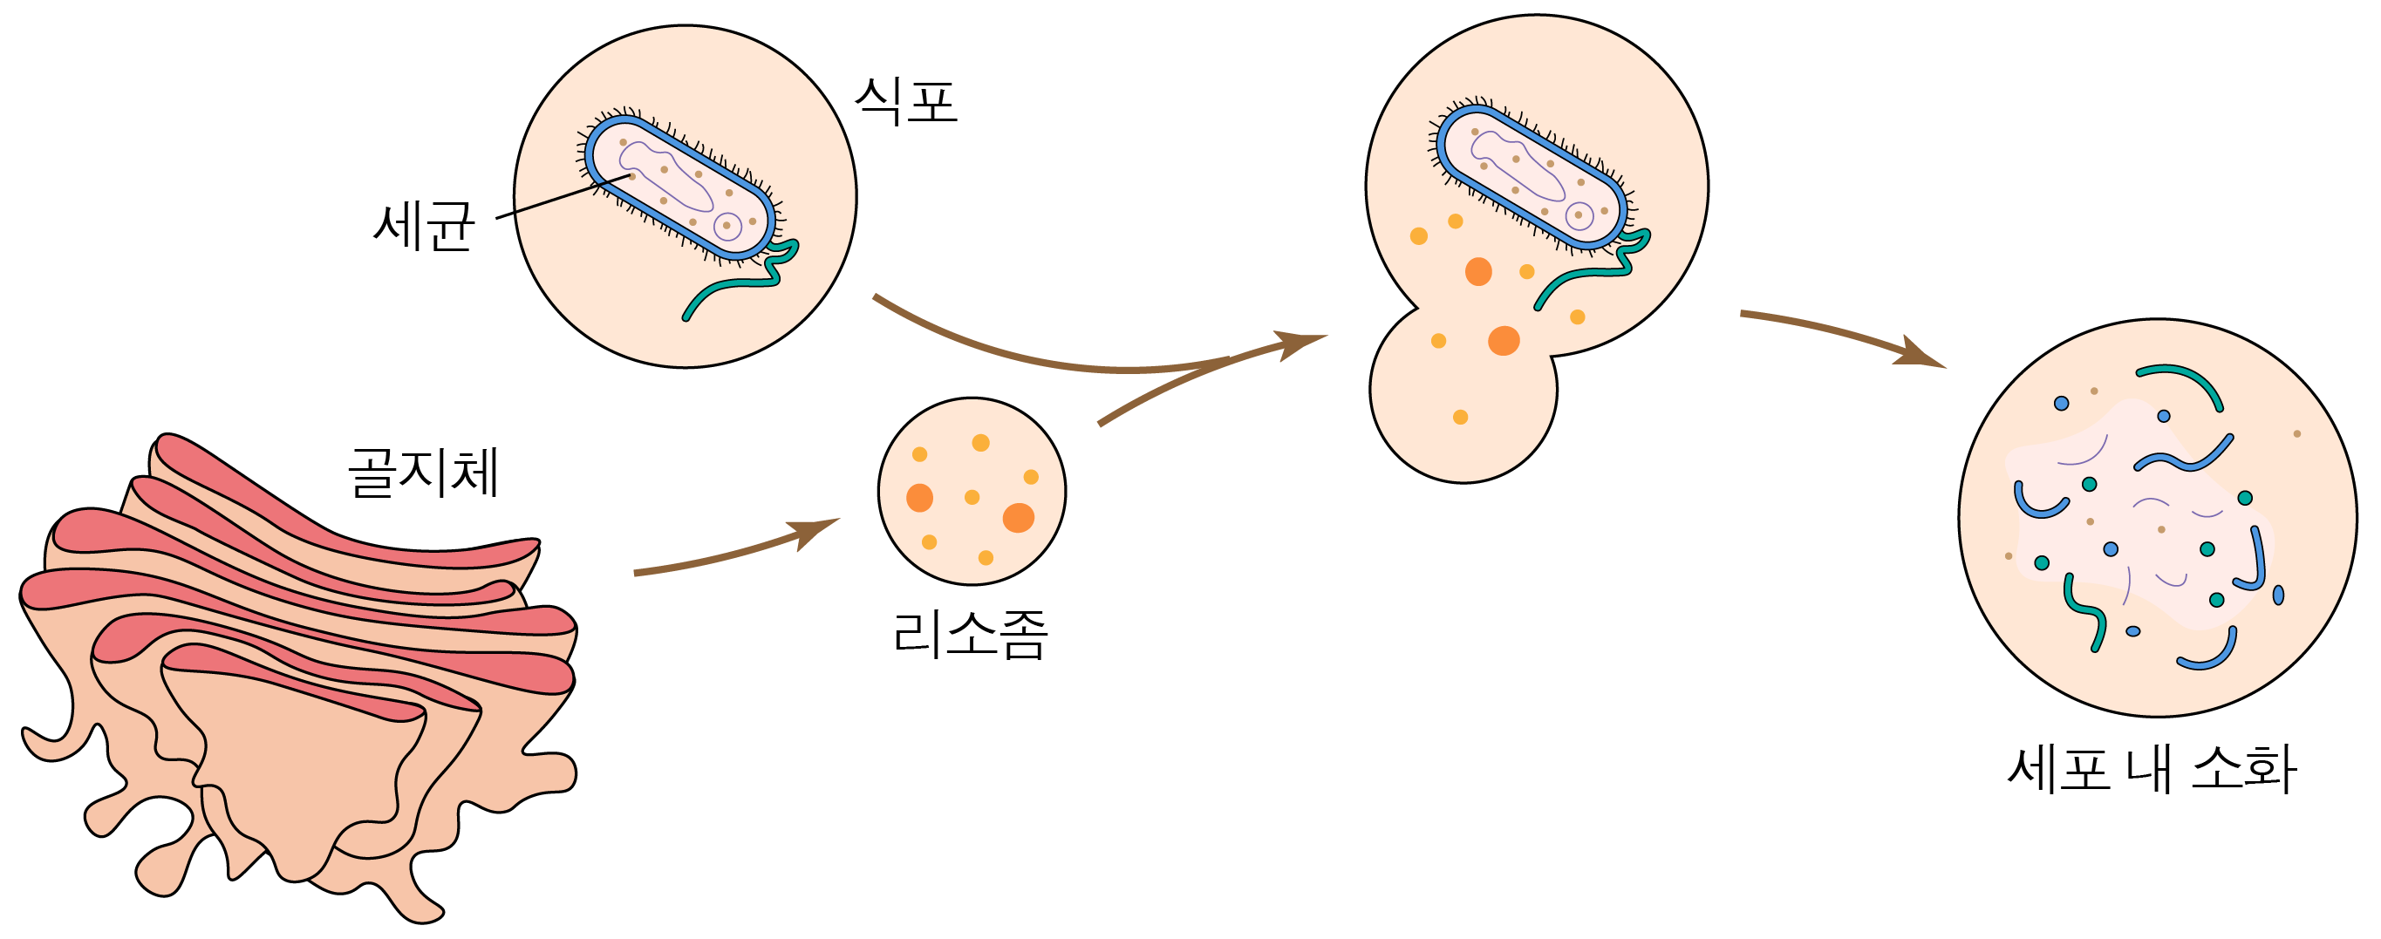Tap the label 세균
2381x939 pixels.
pyautogui.click(x=424, y=226)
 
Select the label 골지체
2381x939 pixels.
pyautogui.click(x=424, y=473)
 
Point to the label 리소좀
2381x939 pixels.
pyautogui.click(x=971, y=635)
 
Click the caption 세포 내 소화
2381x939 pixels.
pyautogui.click(x=2152, y=769)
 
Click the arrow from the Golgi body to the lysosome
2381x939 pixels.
pyautogui.click(x=730, y=554)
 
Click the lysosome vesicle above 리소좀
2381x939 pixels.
pyautogui.click(x=972, y=491)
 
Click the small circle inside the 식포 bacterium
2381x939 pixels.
pyautogui.click(x=727, y=226)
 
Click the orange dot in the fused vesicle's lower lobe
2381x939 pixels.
pyautogui.click(x=1460, y=417)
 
